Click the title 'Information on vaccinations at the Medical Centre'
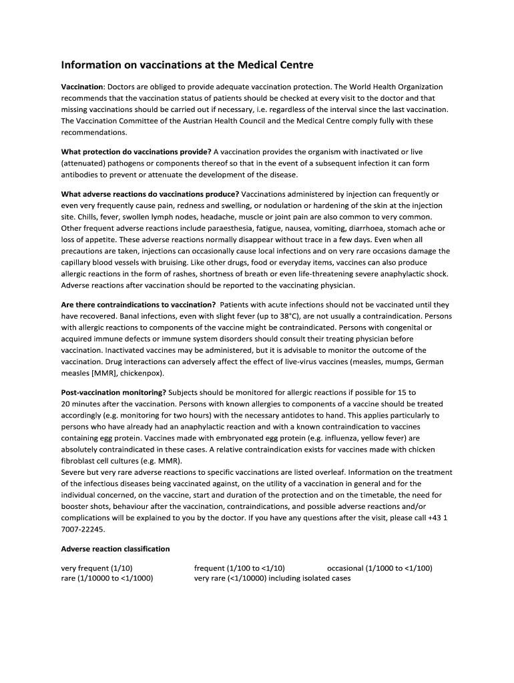[187, 65]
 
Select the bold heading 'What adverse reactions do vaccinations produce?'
[150, 195]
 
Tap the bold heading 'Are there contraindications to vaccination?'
[138, 305]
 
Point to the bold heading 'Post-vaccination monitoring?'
[114, 393]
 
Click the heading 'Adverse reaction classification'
[115, 549]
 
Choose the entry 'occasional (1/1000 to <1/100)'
[380, 568]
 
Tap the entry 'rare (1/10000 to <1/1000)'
[107, 579]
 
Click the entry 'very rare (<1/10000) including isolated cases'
[272, 579]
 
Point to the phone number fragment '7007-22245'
[83, 530]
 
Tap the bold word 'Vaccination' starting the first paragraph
[82, 87]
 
